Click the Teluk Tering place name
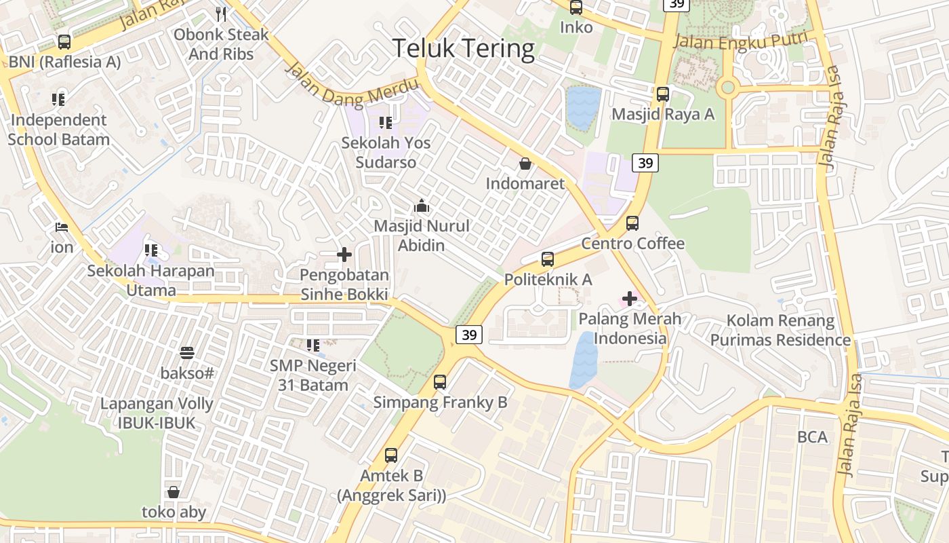[x=464, y=49]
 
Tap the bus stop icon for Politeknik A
[x=548, y=259]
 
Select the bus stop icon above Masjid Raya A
[x=662, y=94]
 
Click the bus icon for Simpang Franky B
[x=440, y=382]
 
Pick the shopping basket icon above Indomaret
[x=525, y=164]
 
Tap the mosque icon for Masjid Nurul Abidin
[x=422, y=206]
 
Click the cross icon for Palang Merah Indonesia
[x=629, y=298]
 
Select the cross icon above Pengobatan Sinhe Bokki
[x=344, y=255]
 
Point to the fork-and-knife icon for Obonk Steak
[x=221, y=14]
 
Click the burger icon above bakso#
[x=187, y=353]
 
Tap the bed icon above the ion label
[x=62, y=227]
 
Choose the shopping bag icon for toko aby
[x=174, y=492]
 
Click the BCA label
[x=812, y=437]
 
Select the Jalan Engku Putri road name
[x=741, y=40]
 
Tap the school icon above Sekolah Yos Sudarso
[x=386, y=123]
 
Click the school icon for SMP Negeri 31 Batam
[x=312, y=345]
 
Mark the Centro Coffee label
[x=633, y=243]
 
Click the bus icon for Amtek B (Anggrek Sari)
[x=391, y=455]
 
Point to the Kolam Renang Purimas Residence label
[x=780, y=330]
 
